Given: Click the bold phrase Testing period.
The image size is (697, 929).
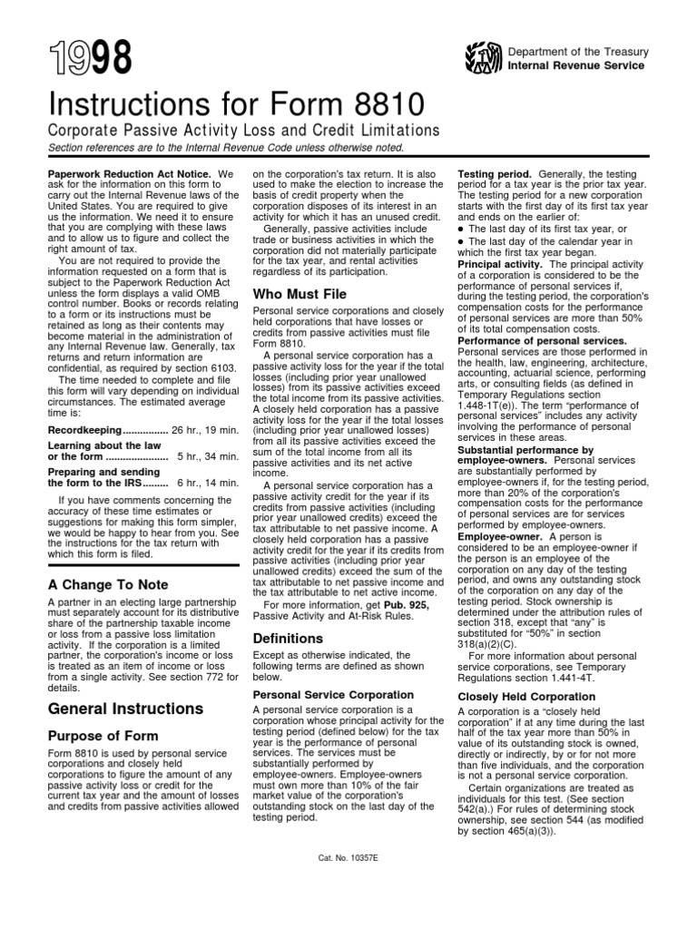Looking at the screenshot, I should [496, 173].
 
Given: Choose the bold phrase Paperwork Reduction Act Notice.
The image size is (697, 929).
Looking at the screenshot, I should [128, 173].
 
